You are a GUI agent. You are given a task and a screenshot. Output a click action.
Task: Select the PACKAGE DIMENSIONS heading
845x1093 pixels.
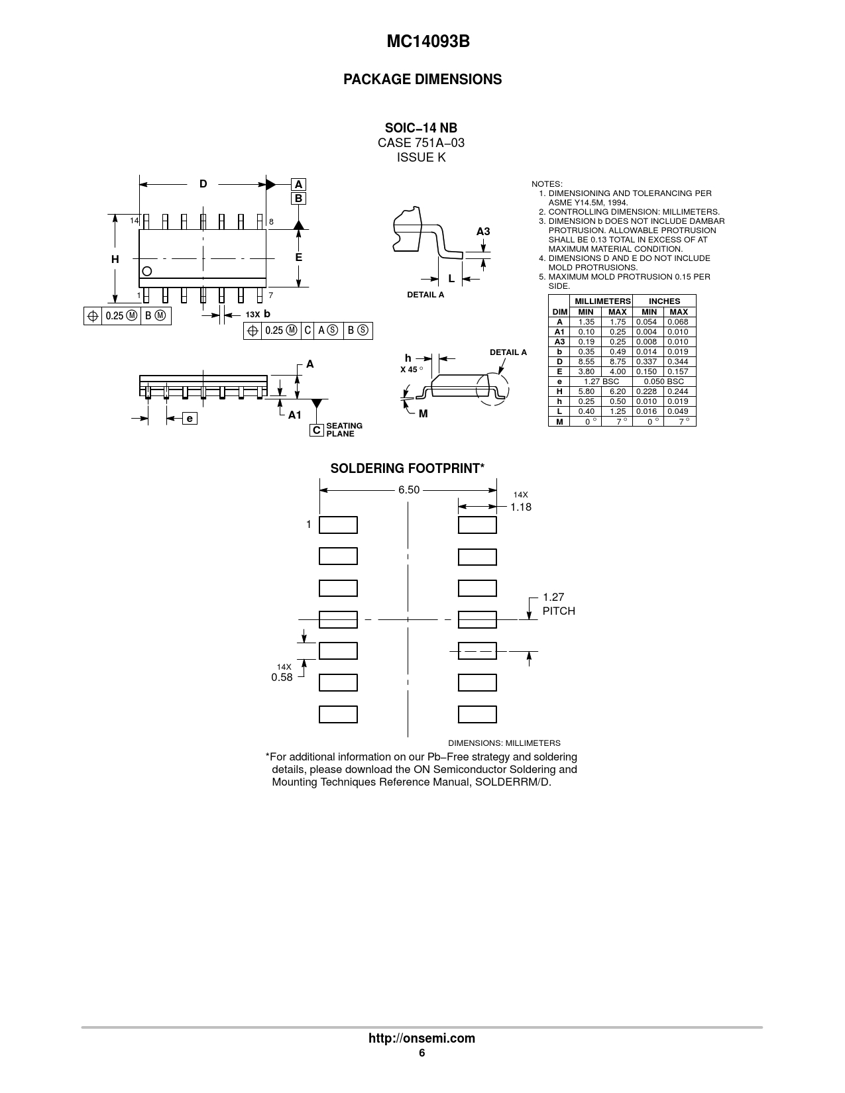pyautogui.click(x=422, y=79)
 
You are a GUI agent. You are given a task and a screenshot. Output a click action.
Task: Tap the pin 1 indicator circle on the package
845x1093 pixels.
pyautogui.click(x=147, y=270)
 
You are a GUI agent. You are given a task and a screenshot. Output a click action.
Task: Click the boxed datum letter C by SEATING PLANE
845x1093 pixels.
pyautogui.click(x=317, y=430)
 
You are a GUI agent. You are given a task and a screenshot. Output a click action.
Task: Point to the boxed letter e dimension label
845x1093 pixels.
pyautogui.click(x=190, y=418)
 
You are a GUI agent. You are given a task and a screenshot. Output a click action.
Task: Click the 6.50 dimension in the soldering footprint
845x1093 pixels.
pyautogui.click(x=409, y=490)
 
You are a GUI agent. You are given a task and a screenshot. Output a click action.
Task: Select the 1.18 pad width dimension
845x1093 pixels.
pyautogui.click(x=520, y=507)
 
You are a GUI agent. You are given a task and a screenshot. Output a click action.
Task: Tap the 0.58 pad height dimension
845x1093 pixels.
pyautogui.click(x=282, y=677)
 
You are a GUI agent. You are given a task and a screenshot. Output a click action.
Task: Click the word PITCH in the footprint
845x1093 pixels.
pyautogui.click(x=559, y=611)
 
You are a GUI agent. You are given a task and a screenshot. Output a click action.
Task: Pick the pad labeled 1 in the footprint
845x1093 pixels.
pyautogui.click(x=338, y=525)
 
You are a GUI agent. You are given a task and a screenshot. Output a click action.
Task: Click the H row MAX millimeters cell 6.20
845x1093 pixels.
pyautogui.click(x=617, y=391)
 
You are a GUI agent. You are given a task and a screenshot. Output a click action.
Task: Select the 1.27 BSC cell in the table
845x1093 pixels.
pyautogui.click(x=601, y=382)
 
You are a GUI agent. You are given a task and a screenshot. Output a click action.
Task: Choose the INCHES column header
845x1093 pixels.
pyautogui.click(x=664, y=301)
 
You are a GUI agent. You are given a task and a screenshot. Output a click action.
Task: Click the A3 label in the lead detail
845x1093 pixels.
pyautogui.click(x=483, y=231)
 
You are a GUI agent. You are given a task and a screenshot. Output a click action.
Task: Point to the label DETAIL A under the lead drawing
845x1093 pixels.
pyautogui.click(x=425, y=295)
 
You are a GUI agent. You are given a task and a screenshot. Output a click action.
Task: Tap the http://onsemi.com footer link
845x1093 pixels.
pyautogui.click(x=422, y=1038)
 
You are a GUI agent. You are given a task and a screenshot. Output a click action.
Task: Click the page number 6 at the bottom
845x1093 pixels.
pyautogui.click(x=422, y=1053)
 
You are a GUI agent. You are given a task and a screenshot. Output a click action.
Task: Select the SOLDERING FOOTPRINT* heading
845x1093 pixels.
pyautogui.click(x=407, y=468)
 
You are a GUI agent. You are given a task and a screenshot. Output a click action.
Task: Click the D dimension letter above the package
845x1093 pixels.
pyautogui.click(x=203, y=184)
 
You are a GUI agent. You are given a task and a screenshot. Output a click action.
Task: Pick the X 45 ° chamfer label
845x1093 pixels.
pyautogui.click(x=411, y=369)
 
